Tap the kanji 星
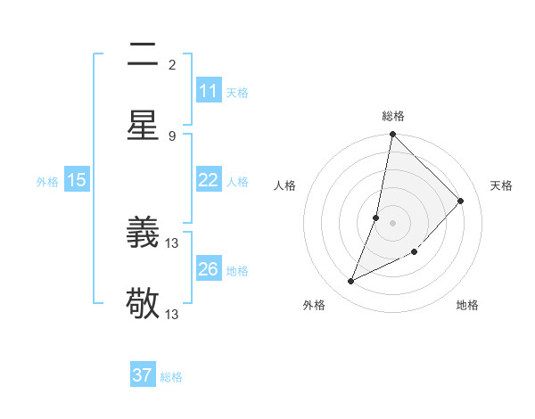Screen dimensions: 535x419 tap(143, 124)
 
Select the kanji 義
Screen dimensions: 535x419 tap(143, 234)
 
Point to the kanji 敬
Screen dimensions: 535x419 tap(143, 303)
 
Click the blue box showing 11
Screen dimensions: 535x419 tap(209, 91)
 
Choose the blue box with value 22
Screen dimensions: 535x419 tap(209, 180)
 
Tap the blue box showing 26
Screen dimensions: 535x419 tap(209, 269)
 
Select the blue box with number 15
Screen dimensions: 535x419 tap(77, 180)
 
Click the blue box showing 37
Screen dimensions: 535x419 tap(143, 375)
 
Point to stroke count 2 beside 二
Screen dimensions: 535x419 tap(172, 65)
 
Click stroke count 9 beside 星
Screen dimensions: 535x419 tap(172, 136)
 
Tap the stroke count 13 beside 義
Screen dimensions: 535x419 tap(172, 243)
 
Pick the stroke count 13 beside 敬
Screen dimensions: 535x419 tap(172, 314)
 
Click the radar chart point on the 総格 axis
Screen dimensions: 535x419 tap(392, 134)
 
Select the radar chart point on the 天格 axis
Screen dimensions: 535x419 tap(461, 201)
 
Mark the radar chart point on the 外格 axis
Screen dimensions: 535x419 tap(351, 282)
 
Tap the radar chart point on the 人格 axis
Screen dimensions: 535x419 tap(376, 218)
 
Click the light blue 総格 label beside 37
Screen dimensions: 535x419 tap(171, 377)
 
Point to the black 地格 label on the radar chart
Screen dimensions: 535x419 tap(467, 305)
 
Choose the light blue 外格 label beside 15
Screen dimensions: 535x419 tap(47, 182)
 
